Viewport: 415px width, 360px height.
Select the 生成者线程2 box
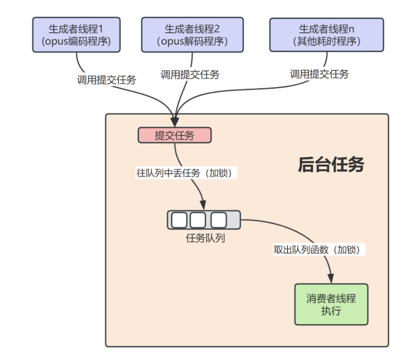pos(192,34)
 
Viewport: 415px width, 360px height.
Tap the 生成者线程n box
pos(326,34)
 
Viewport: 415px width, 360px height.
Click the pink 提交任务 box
pos(174,136)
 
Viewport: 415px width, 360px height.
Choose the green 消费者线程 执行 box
pos(331,305)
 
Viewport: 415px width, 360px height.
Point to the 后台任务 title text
pos(330,165)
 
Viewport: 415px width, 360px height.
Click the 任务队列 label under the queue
pos(204,238)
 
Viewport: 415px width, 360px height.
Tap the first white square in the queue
pos(179,220)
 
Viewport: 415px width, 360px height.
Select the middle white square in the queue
pos(198,220)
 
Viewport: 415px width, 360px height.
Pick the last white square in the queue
pos(218,220)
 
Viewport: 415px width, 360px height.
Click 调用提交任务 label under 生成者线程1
pos(107,80)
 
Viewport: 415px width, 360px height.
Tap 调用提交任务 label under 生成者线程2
pos(190,75)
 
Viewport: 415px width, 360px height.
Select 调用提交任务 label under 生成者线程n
pos(319,74)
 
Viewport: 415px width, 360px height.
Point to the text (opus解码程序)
pos(192,41)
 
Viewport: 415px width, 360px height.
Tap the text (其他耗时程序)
pos(326,41)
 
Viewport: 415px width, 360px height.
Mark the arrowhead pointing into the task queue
pos(203,206)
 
